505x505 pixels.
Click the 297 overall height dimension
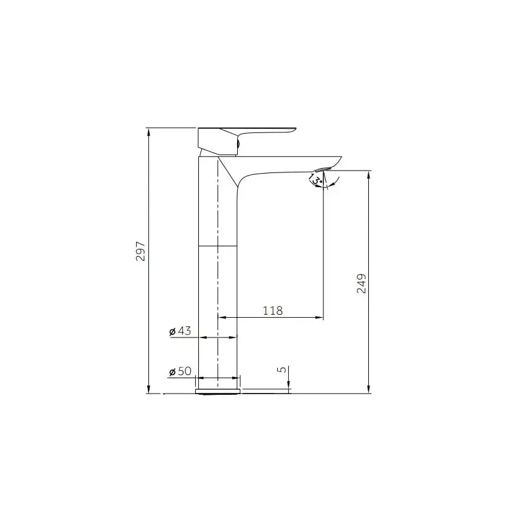coord(141,251)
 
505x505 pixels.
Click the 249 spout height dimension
coord(362,283)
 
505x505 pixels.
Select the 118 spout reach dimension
coord(272,310)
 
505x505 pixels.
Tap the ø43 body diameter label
coord(180,331)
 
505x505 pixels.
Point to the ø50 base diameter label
coord(180,371)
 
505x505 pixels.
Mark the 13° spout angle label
coord(316,179)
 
